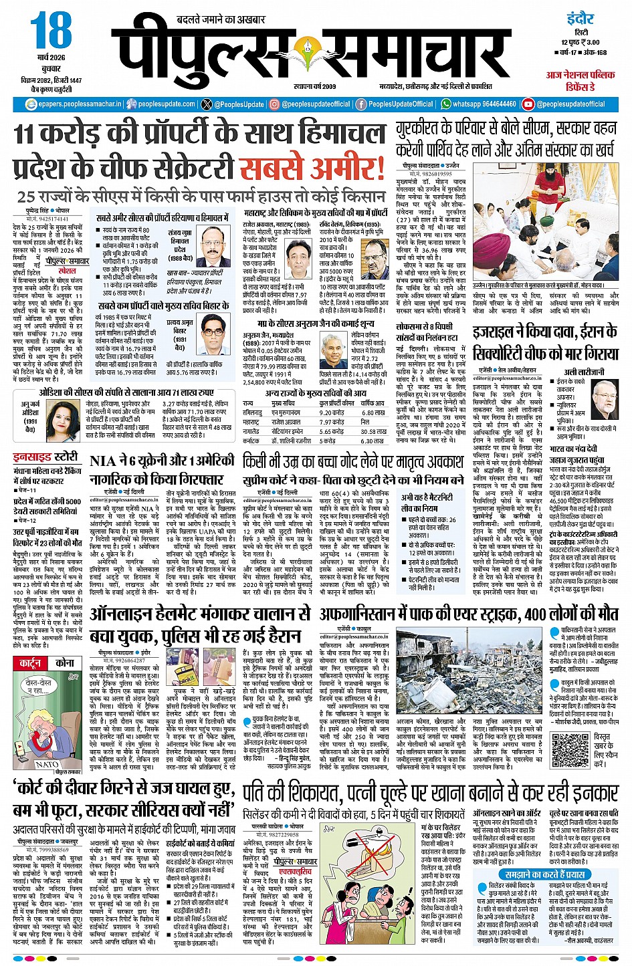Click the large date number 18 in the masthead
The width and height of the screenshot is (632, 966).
(50, 31)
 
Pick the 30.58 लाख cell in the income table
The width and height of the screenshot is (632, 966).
(373, 432)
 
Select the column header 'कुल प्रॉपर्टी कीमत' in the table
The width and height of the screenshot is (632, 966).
(336, 404)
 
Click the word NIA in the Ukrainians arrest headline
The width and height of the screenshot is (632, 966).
(103, 461)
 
